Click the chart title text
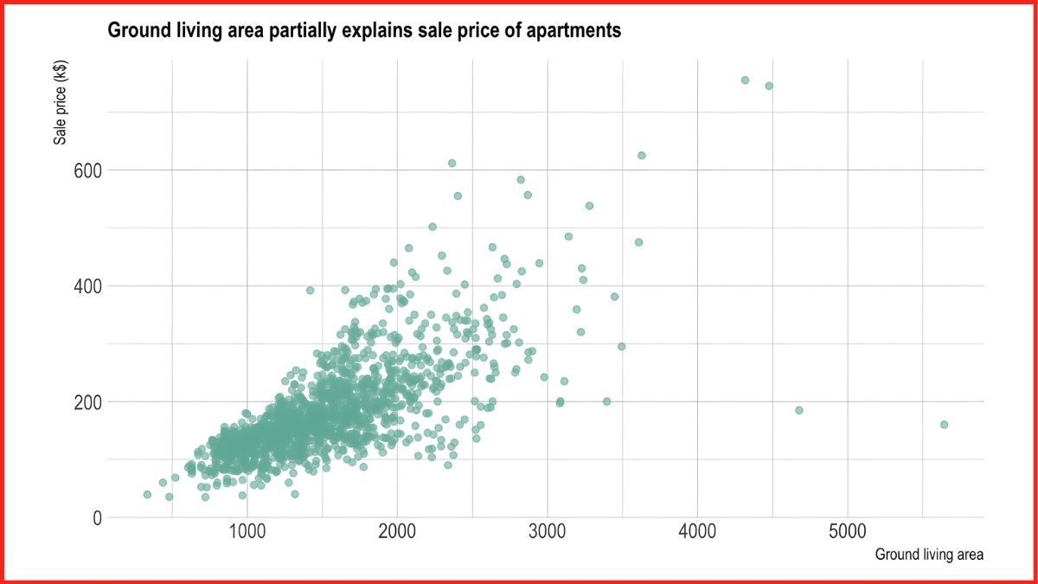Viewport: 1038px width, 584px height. point(364,31)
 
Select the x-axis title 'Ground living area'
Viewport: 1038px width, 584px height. point(929,555)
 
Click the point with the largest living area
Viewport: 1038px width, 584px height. point(944,425)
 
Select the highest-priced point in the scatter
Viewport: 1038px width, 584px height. point(745,80)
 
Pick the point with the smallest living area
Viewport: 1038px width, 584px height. point(147,495)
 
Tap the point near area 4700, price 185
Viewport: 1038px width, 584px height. point(798,410)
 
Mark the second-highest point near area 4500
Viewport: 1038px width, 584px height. point(769,86)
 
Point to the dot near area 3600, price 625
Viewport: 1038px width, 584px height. point(641,156)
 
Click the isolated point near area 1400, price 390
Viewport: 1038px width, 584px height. point(310,291)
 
